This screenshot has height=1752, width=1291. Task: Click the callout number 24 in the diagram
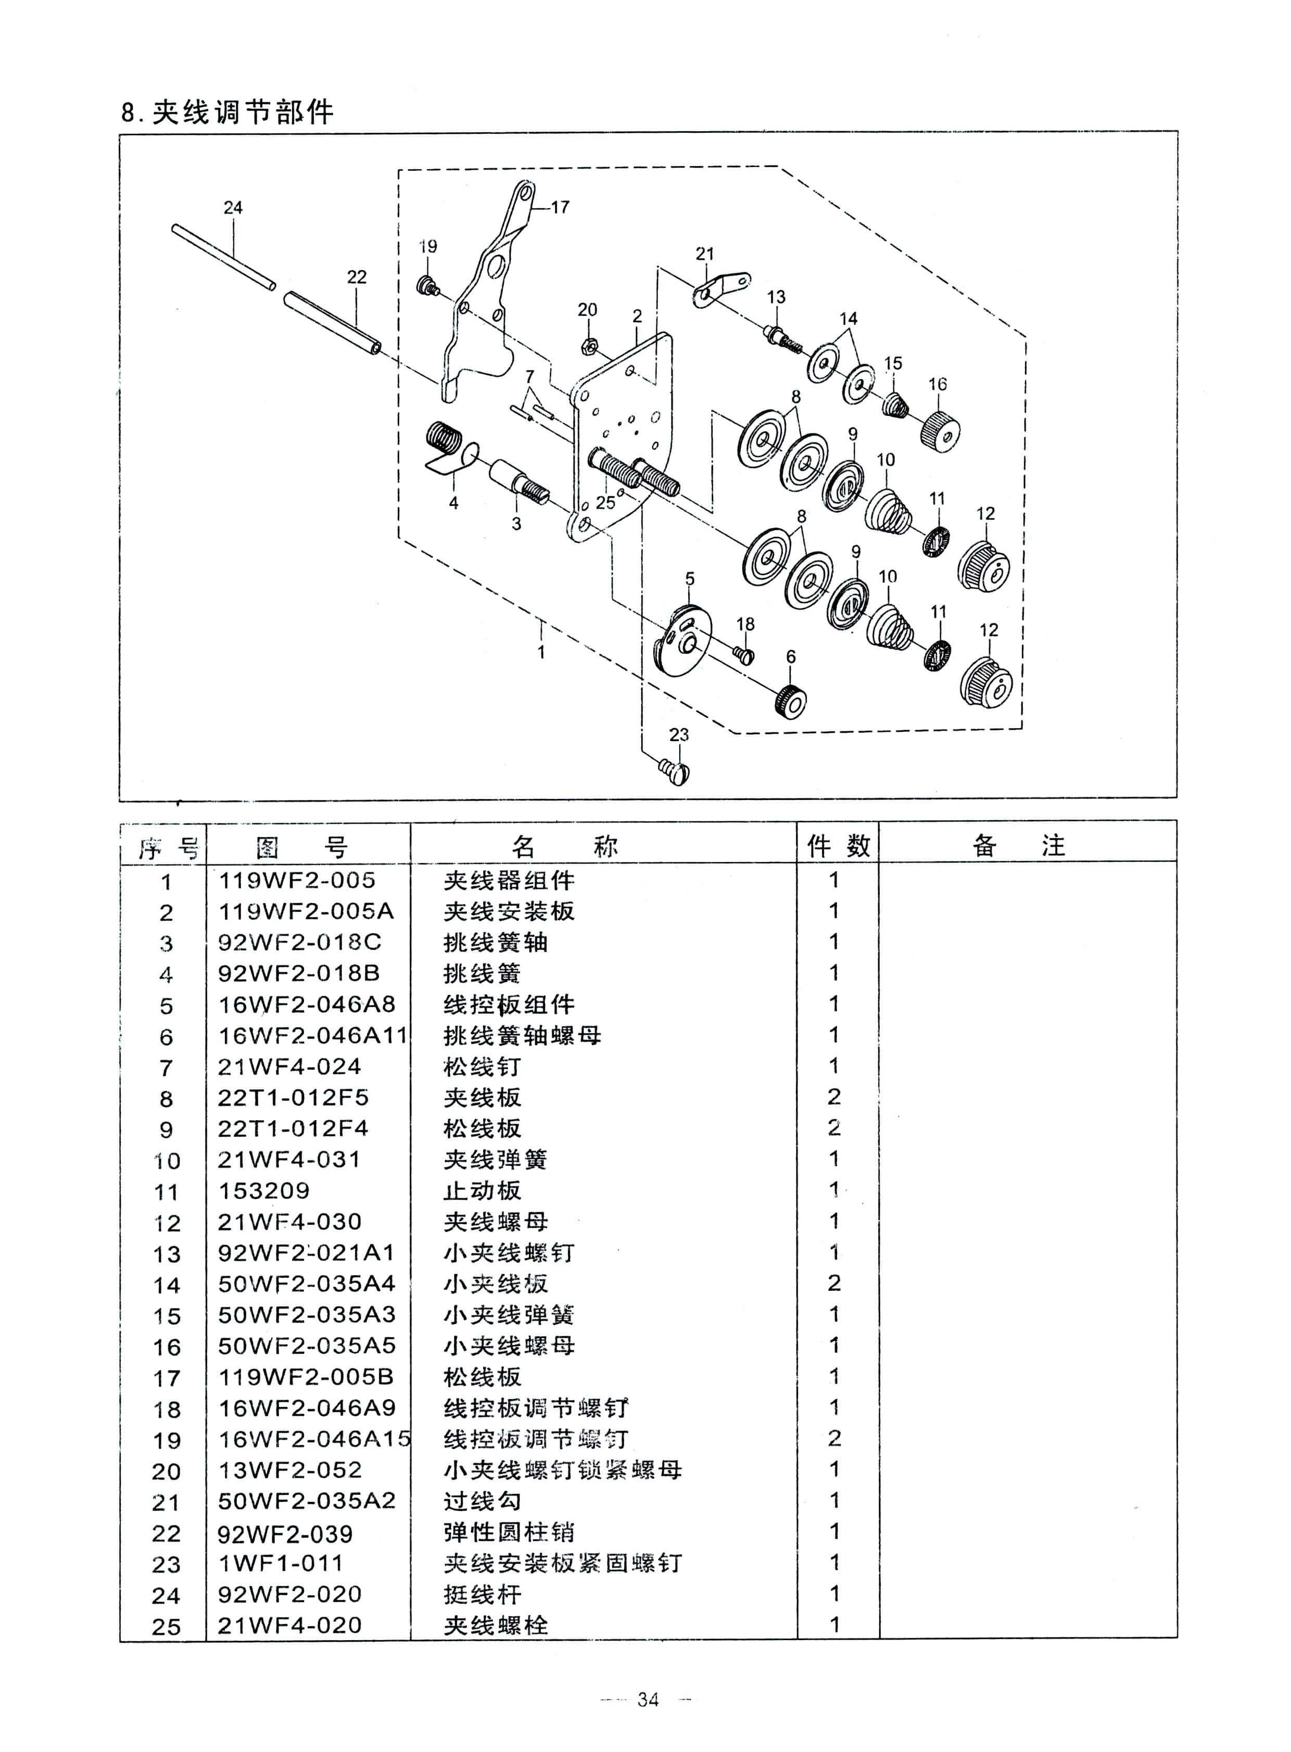pos(233,208)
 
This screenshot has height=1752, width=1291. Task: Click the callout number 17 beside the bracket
pos(560,208)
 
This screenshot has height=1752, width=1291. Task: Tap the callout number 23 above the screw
pos(679,734)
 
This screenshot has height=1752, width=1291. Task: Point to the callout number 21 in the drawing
pos(705,254)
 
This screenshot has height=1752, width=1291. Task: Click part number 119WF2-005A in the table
pos(306,911)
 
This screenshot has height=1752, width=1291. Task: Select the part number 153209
pos(263,1191)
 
